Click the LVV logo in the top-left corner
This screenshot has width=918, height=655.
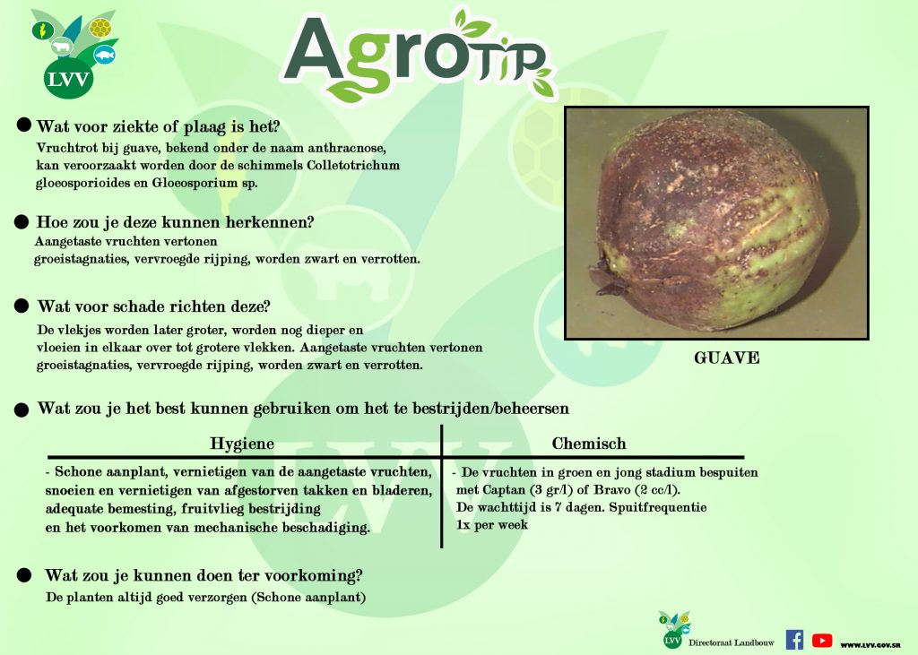coord(73,54)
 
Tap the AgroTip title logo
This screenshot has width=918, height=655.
coord(418,56)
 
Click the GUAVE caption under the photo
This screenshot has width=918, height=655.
coord(726,358)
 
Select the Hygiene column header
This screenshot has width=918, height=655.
coord(242,444)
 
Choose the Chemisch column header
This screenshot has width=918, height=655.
coord(589,444)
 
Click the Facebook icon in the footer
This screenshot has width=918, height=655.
coord(794,640)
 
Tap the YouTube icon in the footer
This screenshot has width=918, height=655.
coord(822,641)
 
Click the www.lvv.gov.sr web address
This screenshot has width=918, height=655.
coord(870,644)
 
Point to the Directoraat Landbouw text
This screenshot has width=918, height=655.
coord(732,642)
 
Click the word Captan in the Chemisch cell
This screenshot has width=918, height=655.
coord(504,490)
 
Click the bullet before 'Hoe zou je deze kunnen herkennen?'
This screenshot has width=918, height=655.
coord(22,222)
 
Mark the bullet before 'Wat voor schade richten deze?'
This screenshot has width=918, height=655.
coord(22,306)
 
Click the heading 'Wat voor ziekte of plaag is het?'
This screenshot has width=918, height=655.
coord(158,126)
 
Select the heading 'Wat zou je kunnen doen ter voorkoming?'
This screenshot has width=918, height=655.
coord(204,575)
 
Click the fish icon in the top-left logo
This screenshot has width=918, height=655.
coord(105,55)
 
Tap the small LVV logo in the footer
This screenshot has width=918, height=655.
coord(673,631)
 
